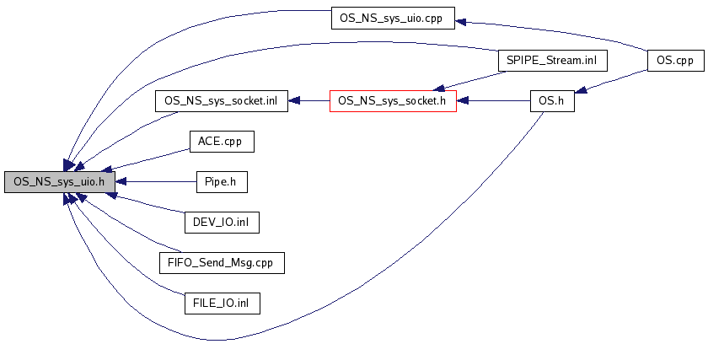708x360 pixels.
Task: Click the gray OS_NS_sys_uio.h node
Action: pos(59,181)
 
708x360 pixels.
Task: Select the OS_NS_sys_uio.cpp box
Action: pos(392,17)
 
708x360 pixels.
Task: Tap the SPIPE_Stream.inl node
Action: pos(552,61)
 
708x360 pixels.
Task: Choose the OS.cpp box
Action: pos(675,61)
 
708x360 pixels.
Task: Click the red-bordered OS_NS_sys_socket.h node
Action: pos(393,100)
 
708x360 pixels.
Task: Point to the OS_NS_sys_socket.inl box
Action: pos(221,100)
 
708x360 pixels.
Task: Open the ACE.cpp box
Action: pos(221,141)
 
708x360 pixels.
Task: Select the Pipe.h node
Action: pos(221,181)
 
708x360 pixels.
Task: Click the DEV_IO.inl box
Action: pos(221,222)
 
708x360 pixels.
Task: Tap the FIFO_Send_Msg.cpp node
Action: pos(221,262)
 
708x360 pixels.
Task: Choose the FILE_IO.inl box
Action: pos(221,303)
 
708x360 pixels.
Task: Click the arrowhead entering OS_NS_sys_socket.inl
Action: pos(293,100)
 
